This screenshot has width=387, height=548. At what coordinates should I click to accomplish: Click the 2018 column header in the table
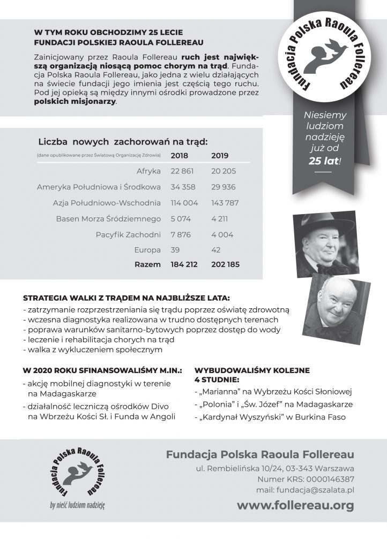180,156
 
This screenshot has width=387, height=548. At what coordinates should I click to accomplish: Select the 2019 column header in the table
220,156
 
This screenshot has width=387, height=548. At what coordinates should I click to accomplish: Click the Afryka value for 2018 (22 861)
182,171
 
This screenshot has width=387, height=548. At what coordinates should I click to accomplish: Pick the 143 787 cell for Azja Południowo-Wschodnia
225,203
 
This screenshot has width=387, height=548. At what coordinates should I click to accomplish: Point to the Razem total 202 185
225,264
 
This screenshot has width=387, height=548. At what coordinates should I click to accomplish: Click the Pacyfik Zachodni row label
128,234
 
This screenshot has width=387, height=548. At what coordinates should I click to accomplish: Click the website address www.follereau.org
295,505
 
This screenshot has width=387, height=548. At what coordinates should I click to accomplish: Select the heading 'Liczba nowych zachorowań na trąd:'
123,142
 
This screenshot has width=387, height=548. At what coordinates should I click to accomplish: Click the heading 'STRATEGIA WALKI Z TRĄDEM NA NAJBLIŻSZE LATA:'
126,298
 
